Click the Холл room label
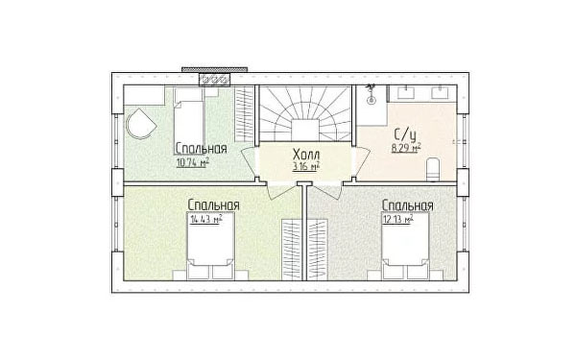click(x=306, y=155)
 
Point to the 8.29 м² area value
click(x=406, y=148)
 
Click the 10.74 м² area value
click(x=193, y=162)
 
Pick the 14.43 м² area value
click(x=206, y=219)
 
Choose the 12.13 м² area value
click(x=398, y=219)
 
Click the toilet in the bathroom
click(x=433, y=169)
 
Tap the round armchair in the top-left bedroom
click(x=140, y=124)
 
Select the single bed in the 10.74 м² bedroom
click(x=189, y=116)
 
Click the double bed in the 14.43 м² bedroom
click(x=211, y=246)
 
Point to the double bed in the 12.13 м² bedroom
click(x=405, y=246)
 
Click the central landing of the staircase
click(x=304, y=130)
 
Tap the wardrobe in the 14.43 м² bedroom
click(x=292, y=250)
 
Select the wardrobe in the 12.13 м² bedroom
click(x=317, y=250)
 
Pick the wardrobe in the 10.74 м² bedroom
click(x=244, y=113)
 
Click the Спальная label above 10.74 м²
click(x=201, y=149)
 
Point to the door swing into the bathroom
click(x=361, y=161)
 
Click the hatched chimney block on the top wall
click(x=215, y=80)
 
